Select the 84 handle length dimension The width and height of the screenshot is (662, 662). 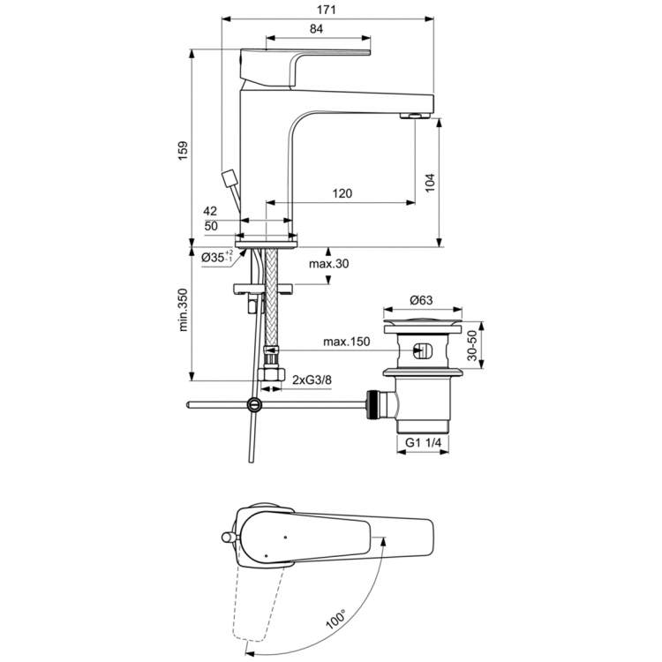coord(316,29)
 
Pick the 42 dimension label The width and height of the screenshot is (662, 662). coord(210,211)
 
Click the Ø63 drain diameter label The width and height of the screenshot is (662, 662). coord(422,300)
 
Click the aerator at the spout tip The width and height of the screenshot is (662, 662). coord(414,116)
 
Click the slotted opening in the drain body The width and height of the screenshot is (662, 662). coord(422,350)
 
